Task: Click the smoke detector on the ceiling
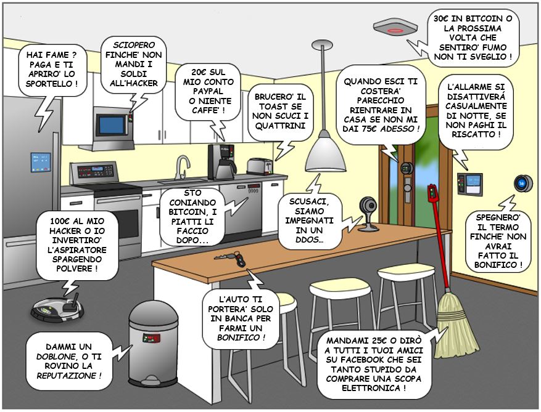coord(395,28)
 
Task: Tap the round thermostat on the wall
coord(523,183)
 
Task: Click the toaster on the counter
coord(260,166)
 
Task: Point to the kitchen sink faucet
coord(181,166)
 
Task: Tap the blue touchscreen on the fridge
coord(41,162)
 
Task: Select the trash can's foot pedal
coord(152,381)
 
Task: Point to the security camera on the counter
coord(368,214)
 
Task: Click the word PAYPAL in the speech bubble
coord(208,91)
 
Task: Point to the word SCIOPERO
coord(134,45)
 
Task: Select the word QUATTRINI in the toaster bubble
coord(281,126)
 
